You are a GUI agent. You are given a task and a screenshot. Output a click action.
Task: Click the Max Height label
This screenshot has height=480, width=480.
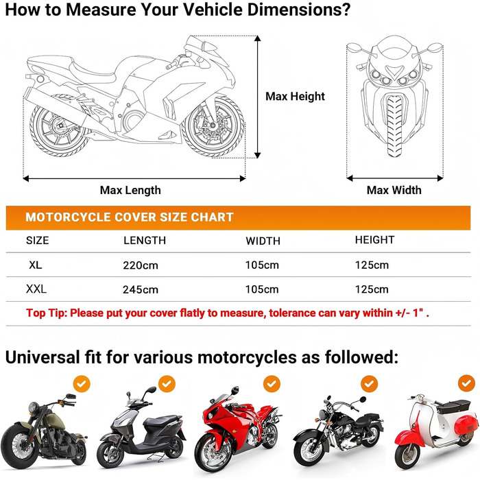[295, 97]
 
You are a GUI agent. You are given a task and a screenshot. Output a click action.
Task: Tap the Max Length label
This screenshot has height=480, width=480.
[130, 190]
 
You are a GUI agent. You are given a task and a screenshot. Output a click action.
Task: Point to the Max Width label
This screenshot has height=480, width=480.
[394, 190]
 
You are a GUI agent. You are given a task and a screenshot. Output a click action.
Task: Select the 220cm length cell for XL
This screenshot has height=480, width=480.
[141, 265]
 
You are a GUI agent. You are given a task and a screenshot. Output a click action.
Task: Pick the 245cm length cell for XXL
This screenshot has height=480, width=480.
[141, 289]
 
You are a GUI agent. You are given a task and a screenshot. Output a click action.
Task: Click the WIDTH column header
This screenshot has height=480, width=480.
[263, 241]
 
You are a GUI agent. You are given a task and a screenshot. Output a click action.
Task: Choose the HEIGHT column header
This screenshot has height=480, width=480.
[374, 240]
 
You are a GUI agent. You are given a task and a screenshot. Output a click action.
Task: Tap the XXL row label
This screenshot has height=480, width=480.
[36, 289]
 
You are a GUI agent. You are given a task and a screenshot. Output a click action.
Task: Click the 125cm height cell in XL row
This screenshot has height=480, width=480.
[372, 265]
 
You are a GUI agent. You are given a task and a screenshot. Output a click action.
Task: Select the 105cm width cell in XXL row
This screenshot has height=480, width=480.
[262, 289]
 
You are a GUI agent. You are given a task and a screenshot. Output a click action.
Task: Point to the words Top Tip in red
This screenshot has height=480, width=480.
[47, 313]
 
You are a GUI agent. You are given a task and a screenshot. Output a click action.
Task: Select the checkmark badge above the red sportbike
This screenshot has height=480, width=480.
[272, 383]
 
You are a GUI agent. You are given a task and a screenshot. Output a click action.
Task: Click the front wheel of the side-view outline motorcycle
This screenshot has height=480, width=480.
[213, 125]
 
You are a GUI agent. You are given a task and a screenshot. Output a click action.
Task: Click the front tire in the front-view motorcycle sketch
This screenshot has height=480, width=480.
[394, 126]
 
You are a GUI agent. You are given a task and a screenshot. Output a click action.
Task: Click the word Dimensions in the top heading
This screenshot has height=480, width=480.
[298, 10]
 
